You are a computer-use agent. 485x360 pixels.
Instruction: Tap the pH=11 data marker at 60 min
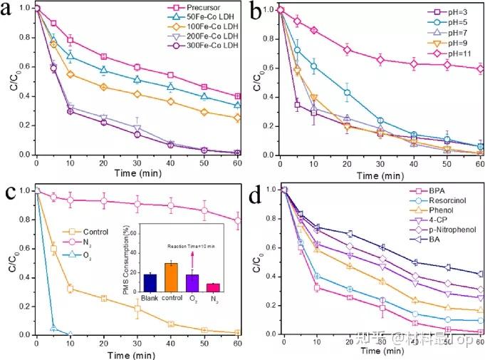(x=481, y=68)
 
